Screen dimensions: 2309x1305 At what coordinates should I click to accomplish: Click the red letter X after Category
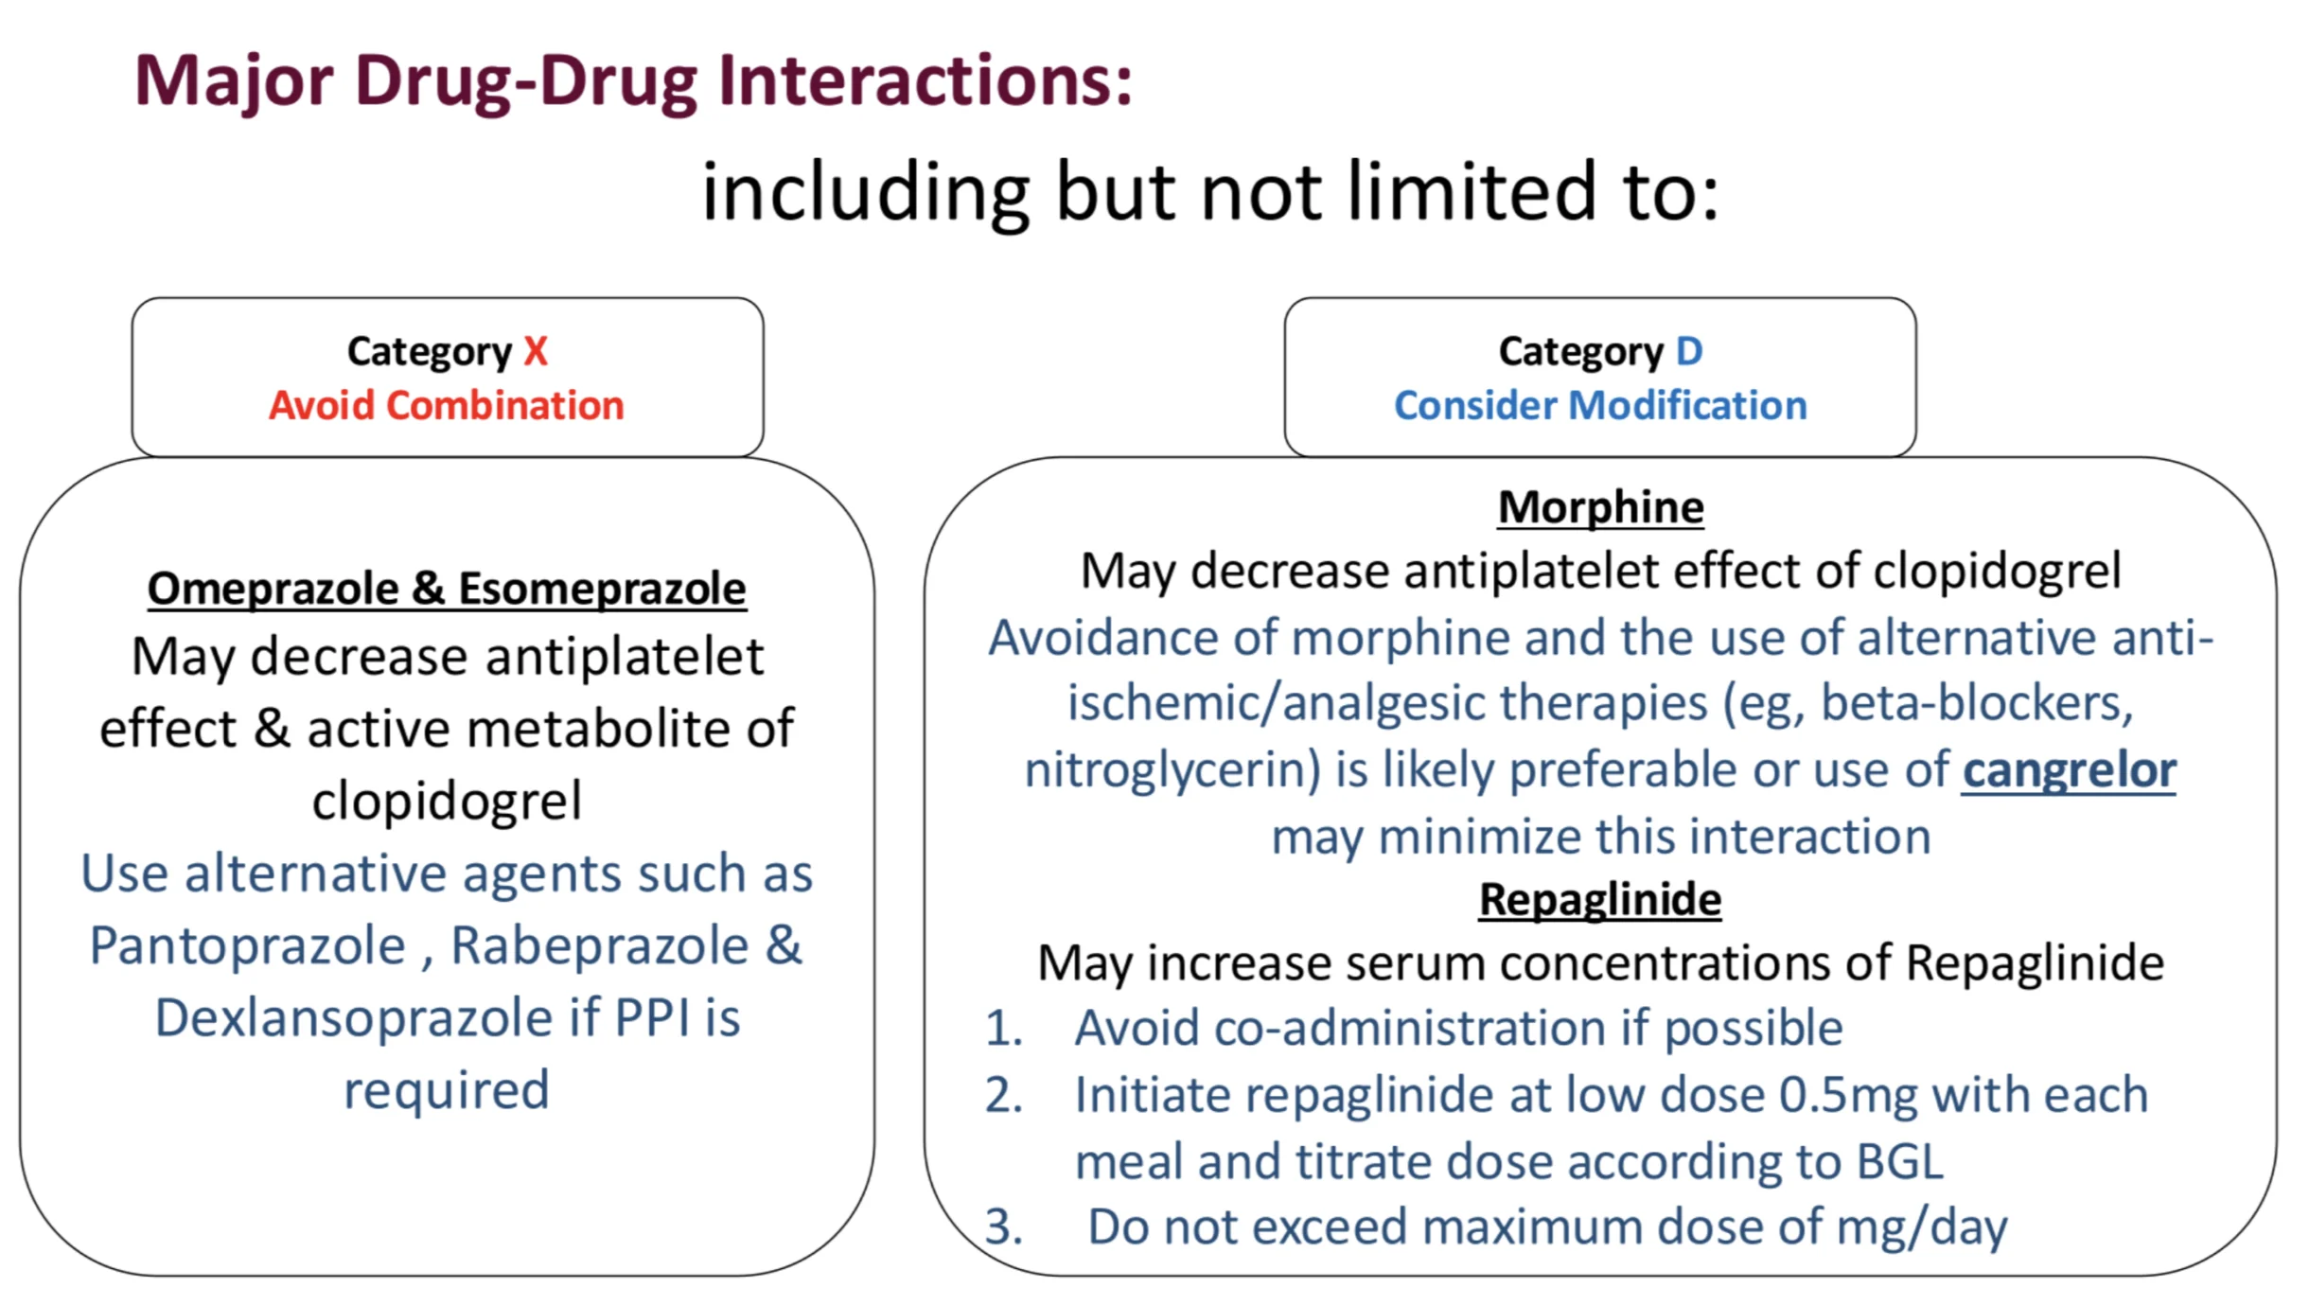point(536,351)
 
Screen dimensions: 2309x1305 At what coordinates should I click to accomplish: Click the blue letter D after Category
point(1689,351)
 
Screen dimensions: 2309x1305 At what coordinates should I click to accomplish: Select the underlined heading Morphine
point(1600,507)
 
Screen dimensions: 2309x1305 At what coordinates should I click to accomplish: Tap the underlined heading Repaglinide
point(1600,899)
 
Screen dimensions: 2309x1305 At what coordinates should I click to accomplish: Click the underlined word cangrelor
point(2069,770)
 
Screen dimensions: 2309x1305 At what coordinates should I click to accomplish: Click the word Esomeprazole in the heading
point(603,590)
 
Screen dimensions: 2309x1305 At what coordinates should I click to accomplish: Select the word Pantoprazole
point(248,945)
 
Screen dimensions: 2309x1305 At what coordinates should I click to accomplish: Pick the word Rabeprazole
point(600,945)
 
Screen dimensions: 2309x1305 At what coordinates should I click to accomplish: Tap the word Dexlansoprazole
point(354,1018)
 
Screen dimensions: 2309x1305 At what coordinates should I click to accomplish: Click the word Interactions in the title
point(925,80)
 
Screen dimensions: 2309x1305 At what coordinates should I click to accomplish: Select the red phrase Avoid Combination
point(447,406)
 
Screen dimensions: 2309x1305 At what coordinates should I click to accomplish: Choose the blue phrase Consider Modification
point(1600,406)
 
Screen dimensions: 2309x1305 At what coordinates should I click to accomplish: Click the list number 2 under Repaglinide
point(1003,1096)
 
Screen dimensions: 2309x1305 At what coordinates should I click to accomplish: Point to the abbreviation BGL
point(1900,1162)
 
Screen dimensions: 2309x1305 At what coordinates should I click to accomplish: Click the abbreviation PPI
point(652,1018)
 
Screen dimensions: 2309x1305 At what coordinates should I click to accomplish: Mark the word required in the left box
point(447,1091)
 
